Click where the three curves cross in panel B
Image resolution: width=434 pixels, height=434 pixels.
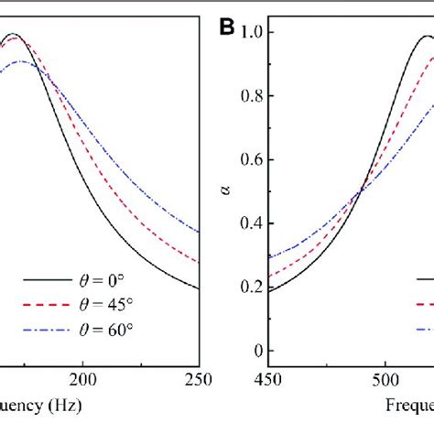(360, 190)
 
